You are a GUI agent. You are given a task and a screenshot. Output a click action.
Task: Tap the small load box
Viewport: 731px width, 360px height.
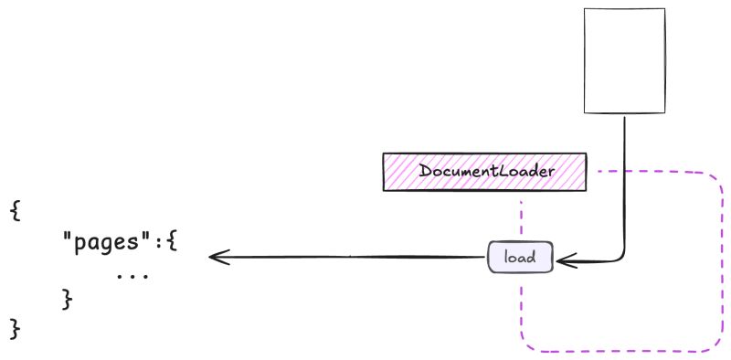(520, 258)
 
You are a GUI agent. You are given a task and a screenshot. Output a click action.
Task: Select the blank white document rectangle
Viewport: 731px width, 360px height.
(624, 59)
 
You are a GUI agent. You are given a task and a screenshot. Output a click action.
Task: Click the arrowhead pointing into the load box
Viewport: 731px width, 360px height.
(563, 260)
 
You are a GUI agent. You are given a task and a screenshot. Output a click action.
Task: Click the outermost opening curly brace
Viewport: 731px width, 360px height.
(16, 211)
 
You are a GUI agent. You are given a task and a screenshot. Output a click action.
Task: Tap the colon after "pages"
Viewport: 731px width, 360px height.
(158, 244)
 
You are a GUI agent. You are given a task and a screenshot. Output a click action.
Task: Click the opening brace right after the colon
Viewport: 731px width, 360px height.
(171, 244)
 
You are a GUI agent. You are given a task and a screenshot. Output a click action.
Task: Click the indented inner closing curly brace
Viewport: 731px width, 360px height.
(66, 298)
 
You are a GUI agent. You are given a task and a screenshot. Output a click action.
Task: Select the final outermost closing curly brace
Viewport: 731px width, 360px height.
(16, 328)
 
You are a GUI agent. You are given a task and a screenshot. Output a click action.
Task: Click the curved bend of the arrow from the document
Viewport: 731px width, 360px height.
(620, 258)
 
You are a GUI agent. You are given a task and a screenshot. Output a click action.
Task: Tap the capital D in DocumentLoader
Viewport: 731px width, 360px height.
(425, 172)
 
